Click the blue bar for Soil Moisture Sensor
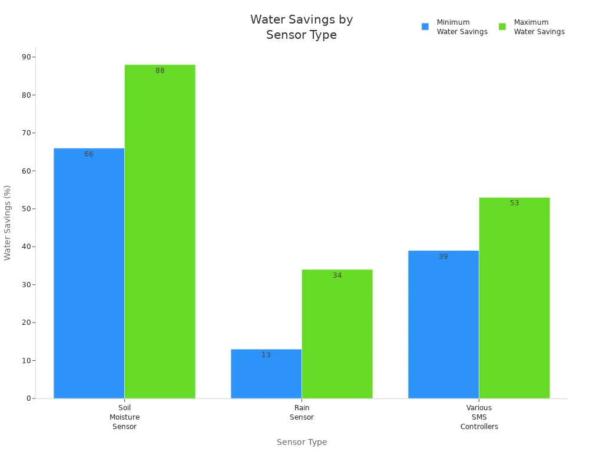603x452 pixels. (x=89, y=274)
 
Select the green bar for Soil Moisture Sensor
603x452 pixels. (x=160, y=232)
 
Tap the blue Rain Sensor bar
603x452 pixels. (x=266, y=374)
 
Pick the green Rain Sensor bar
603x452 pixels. (x=337, y=334)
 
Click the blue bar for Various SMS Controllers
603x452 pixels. (x=443, y=325)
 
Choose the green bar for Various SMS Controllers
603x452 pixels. (x=514, y=298)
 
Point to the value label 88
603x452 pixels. (x=160, y=71)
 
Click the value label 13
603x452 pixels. (x=266, y=355)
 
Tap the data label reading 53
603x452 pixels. (x=515, y=203)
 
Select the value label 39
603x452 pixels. (x=443, y=257)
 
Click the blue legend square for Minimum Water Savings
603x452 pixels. (x=425, y=26)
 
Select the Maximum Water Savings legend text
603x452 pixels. (x=539, y=27)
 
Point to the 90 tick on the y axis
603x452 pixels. (x=26, y=57)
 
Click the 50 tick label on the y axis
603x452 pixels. (x=26, y=209)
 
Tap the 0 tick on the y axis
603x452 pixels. (x=28, y=398)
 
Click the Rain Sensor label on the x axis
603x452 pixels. (x=301, y=413)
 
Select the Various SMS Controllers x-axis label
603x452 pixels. (x=479, y=417)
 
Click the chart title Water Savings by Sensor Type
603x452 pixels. (x=301, y=27)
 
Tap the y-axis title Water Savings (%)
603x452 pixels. (x=8, y=222)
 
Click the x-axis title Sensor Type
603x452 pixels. (x=301, y=442)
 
